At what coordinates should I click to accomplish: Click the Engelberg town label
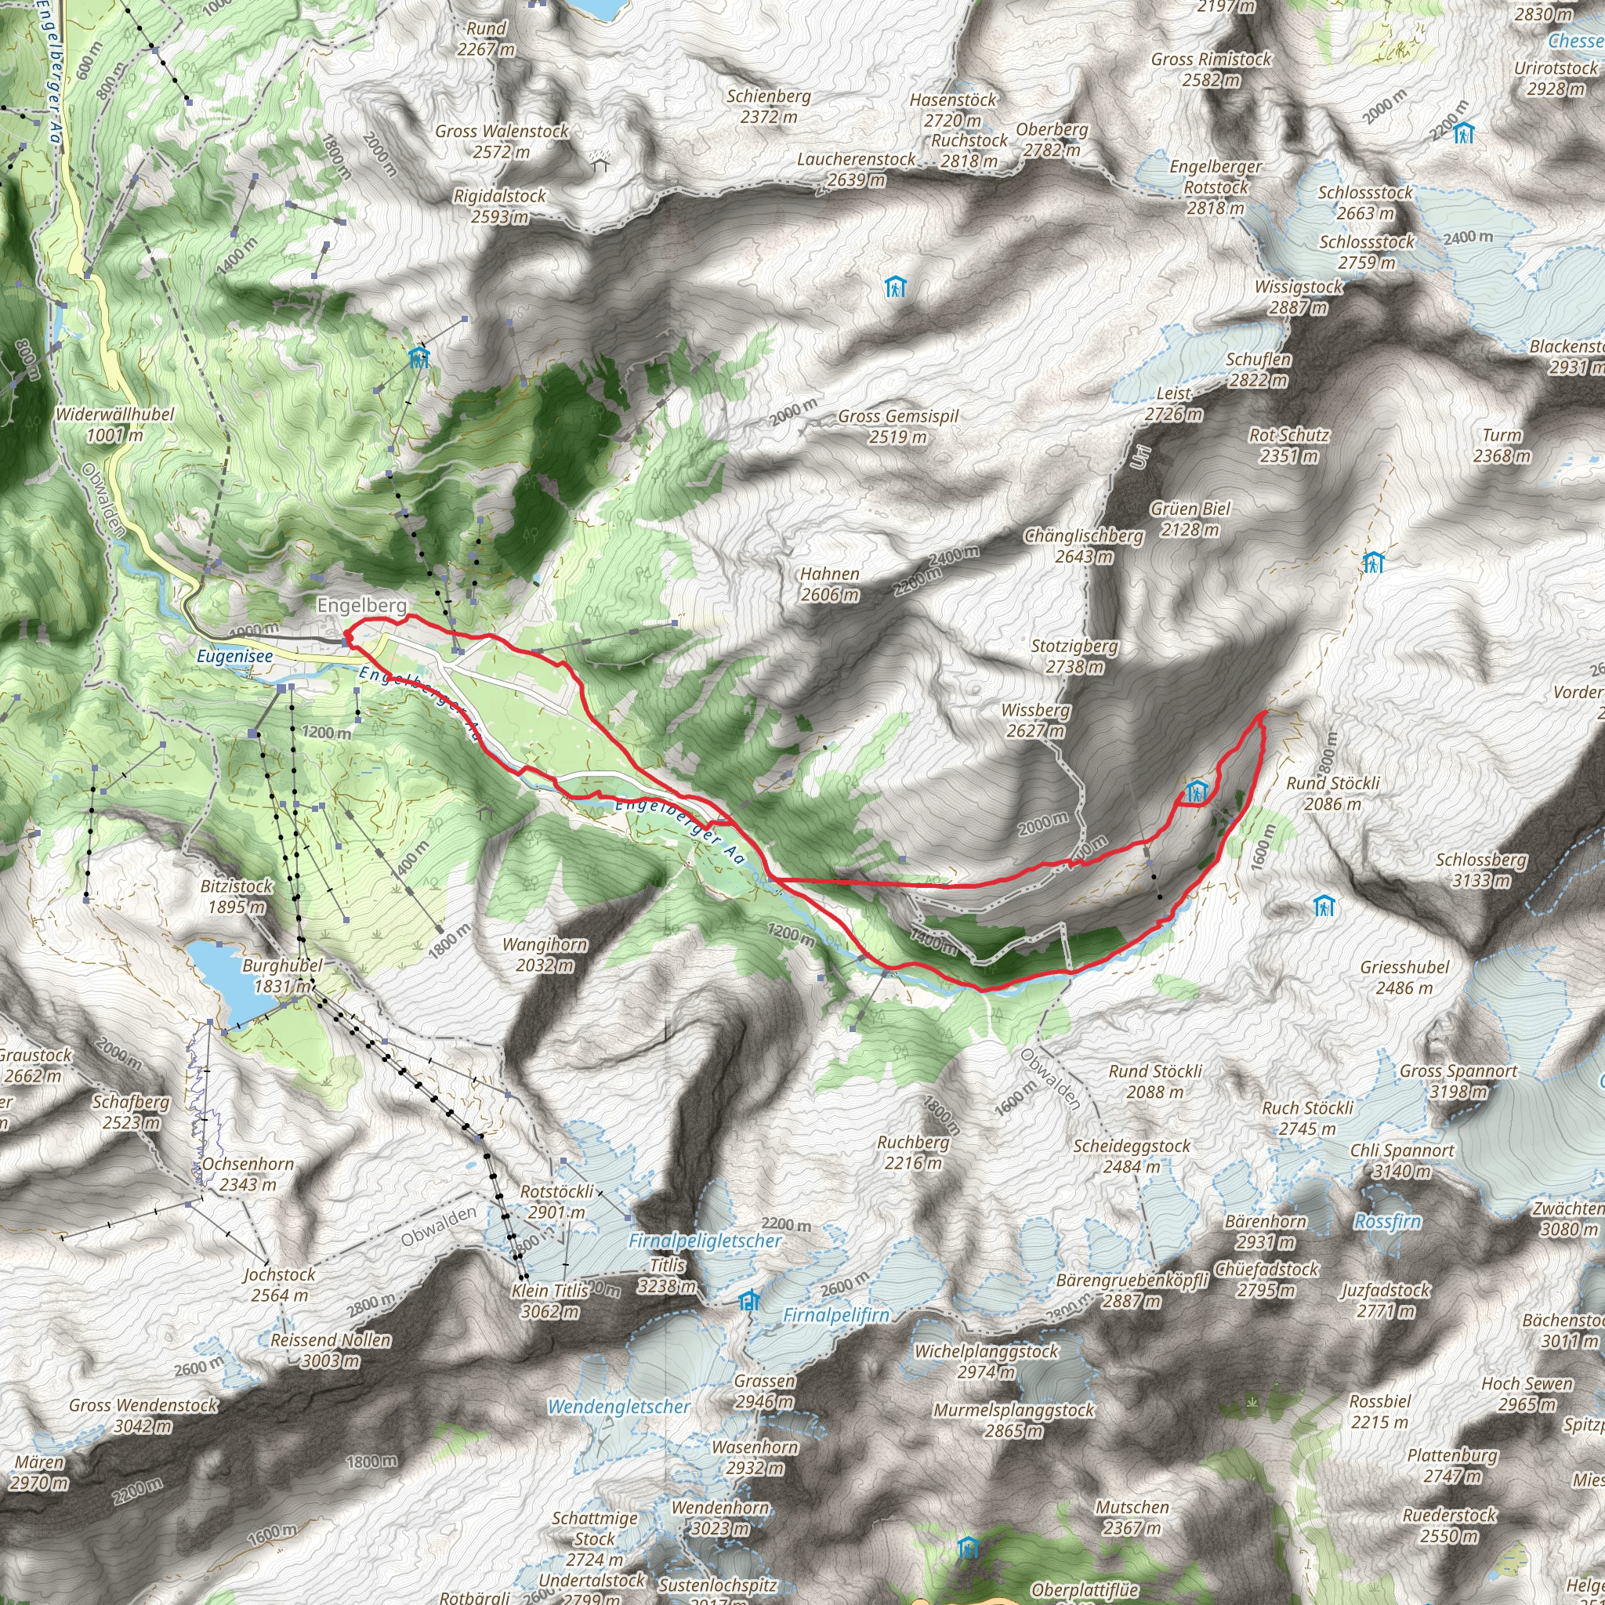(361, 606)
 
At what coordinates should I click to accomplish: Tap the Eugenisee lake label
(234, 656)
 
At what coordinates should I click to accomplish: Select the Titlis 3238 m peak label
(667, 1275)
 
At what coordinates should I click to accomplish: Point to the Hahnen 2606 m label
(829, 584)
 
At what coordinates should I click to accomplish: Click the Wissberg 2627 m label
(1035, 720)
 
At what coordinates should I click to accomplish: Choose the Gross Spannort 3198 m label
(1458, 1081)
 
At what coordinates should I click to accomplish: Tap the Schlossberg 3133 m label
(1481, 870)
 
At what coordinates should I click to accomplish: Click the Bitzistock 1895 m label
(237, 897)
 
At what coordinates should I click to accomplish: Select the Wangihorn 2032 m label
(545, 955)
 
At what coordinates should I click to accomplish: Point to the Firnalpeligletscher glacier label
(705, 1241)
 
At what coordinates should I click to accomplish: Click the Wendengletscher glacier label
(619, 1407)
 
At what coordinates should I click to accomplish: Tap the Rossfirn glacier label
(1387, 1221)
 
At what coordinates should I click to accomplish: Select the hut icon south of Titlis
(749, 1300)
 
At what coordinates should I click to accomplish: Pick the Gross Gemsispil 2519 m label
(898, 426)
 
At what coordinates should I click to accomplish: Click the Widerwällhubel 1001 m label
(114, 425)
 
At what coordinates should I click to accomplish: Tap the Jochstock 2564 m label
(279, 1284)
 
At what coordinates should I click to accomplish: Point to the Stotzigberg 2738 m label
(1075, 655)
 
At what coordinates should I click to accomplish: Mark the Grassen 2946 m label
(765, 1391)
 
